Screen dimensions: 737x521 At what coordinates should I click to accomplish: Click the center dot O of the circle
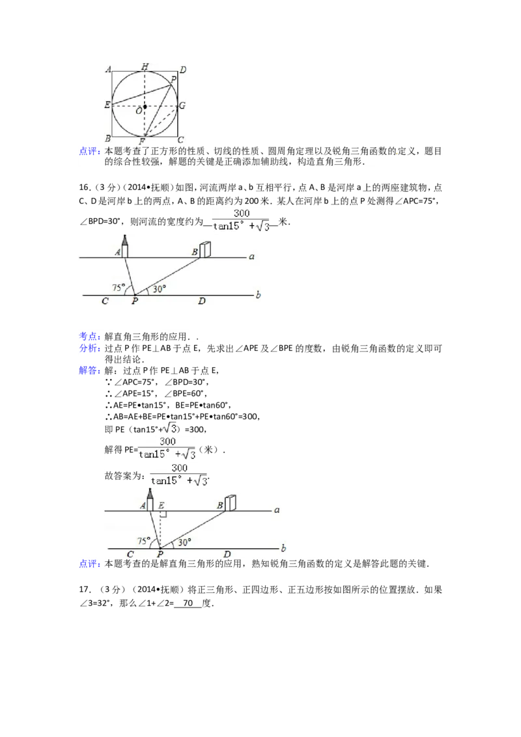tap(145, 106)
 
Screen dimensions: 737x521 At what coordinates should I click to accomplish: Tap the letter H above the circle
tap(145, 66)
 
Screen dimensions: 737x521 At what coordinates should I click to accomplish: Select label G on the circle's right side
tap(182, 105)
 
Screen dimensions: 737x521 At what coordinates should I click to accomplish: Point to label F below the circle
tap(142, 141)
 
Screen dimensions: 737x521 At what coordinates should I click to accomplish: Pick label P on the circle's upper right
tap(173, 79)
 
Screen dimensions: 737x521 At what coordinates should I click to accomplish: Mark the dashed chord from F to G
tap(163, 124)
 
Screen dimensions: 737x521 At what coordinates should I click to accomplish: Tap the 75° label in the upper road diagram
tap(119, 286)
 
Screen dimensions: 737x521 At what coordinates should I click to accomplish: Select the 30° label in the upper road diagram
tap(158, 288)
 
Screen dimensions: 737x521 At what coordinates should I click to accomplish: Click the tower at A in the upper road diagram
tap(124, 245)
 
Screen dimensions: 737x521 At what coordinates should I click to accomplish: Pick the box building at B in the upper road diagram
tap(206, 249)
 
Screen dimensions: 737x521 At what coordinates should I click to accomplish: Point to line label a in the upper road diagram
tap(251, 257)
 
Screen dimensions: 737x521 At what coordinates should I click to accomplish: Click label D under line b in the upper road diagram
tap(202, 301)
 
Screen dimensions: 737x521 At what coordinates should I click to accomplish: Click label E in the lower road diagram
tap(160, 505)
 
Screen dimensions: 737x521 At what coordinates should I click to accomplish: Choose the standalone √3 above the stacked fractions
tap(169, 427)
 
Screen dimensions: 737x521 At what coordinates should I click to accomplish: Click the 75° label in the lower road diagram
tap(145, 540)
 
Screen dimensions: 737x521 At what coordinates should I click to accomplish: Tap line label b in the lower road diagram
tap(283, 548)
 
